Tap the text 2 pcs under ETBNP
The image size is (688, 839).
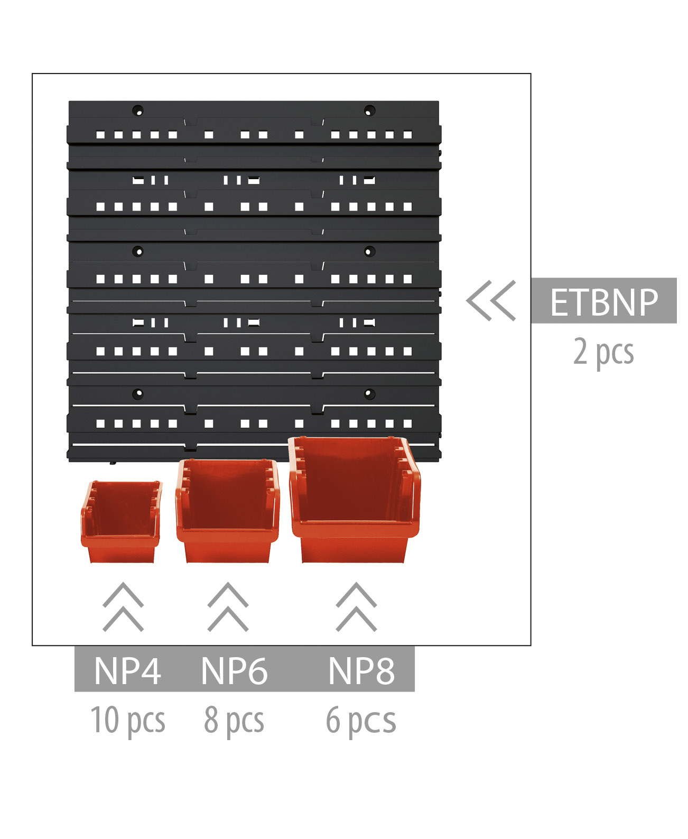[603, 353]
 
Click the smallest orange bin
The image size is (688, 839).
[122, 522]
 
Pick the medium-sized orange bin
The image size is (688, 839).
[227, 511]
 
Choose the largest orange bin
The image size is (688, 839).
[355, 500]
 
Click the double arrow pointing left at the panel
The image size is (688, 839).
[491, 300]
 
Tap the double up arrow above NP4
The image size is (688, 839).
[123, 607]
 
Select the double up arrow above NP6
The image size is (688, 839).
[228, 607]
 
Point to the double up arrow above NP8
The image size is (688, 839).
[356, 607]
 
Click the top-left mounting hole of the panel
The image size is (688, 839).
[138, 110]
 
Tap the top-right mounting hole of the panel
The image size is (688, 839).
[369, 110]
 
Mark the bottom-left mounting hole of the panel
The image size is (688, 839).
[138, 394]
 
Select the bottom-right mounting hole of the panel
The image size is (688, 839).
[369, 394]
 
